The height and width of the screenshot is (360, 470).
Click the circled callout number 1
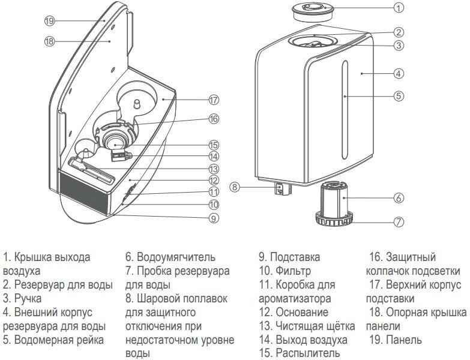click(399, 8)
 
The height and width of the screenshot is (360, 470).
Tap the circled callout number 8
click(235, 187)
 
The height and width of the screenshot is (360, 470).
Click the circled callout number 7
click(399, 221)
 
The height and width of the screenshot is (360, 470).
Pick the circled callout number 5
click(399, 95)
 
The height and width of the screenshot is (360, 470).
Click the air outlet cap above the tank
click(313, 10)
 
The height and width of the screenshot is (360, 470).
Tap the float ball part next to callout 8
click(281, 189)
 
